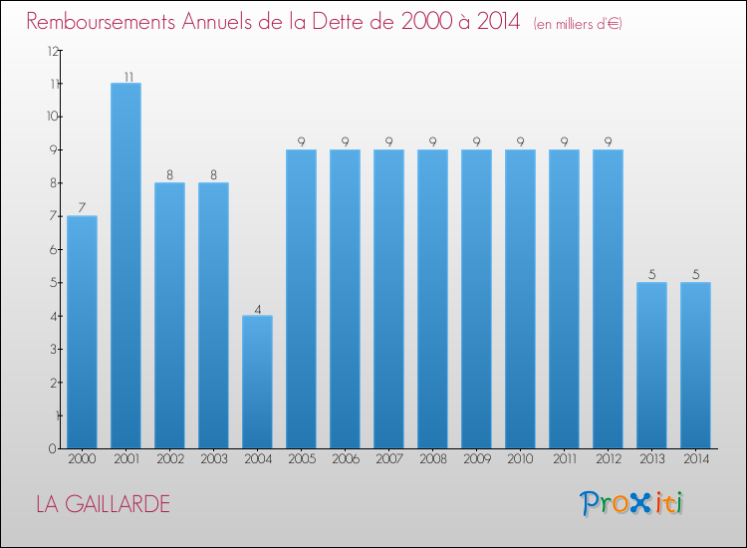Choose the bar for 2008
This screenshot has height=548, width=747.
(x=432, y=299)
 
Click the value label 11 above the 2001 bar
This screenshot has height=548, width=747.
(x=126, y=76)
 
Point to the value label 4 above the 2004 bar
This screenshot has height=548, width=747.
(x=257, y=309)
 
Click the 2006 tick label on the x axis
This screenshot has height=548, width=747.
(x=345, y=459)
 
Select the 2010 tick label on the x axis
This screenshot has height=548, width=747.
(x=520, y=459)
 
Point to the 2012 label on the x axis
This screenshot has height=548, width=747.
(x=608, y=459)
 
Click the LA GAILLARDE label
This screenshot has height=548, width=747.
(x=103, y=504)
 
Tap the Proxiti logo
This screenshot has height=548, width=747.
(x=632, y=503)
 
